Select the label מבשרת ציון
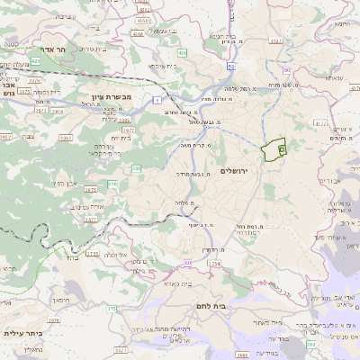[112, 96]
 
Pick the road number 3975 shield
[24, 90]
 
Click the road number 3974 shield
[56, 111]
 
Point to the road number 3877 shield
[91, 218]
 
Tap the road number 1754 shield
[213, 263]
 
